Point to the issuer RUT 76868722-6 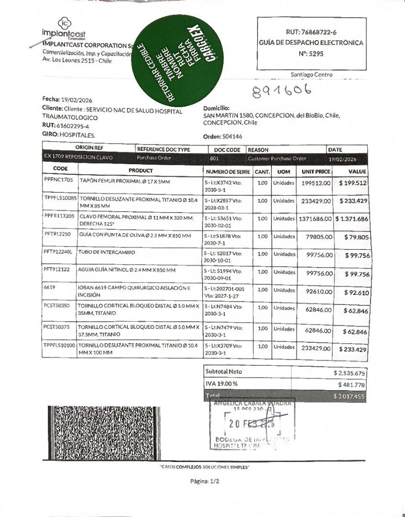[x=311, y=32]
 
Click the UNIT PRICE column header [x=315, y=171]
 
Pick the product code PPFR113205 [x=59, y=216]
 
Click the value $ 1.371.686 [x=351, y=219]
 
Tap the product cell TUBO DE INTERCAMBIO [x=107, y=252]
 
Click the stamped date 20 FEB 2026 [x=251, y=424]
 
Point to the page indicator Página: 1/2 [x=204, y=482]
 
